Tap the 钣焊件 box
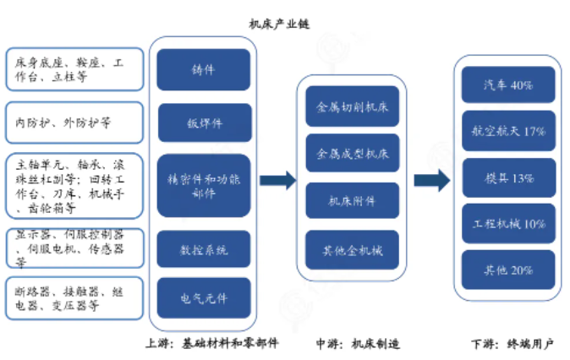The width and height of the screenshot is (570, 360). click(204, 123)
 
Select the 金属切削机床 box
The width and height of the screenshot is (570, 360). click(352, 108)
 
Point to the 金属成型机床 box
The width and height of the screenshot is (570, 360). click(352, 155)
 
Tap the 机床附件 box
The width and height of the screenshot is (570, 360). click(352, 203)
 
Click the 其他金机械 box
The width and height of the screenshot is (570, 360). click(352, 251)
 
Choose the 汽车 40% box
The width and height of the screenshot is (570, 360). click(507, 85)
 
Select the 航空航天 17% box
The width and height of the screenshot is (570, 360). click(507, 132)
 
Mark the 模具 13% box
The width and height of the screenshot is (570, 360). click(507, 178)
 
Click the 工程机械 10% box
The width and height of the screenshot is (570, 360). click(507, 225)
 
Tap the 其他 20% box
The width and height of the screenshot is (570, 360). click(507, 270)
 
